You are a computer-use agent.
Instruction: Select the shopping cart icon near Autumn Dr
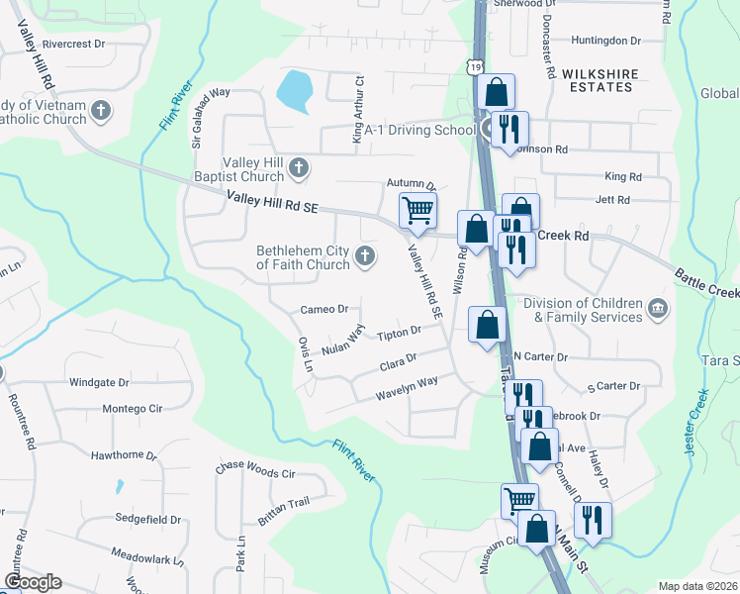[417, 210]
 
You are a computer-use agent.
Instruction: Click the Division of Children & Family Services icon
[657, 310]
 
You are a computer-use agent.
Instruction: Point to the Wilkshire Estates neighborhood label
[597, 80]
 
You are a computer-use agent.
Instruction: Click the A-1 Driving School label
[419, 130]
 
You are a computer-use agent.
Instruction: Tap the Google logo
[33, 582]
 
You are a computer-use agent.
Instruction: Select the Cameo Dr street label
[324, 310]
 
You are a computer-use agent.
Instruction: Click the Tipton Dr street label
[400, 335]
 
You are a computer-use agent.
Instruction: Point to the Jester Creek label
[696, 423]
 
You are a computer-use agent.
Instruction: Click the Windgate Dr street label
[99, 382]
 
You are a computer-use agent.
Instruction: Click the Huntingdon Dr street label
[606, 41]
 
